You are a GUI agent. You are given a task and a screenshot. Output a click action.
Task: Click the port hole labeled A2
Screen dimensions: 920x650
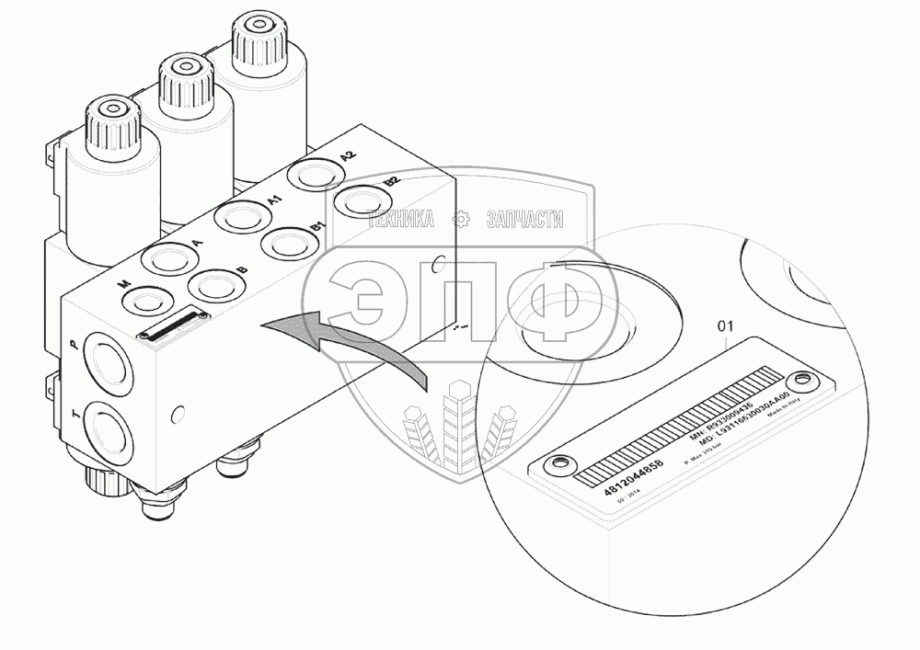point(313,174)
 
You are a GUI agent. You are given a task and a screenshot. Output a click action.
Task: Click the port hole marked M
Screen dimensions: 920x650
point(146,300)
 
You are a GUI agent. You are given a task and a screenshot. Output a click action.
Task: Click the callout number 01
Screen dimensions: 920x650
point(726,326)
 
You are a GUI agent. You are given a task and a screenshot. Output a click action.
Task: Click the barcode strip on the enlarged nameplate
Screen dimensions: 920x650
point(681,425)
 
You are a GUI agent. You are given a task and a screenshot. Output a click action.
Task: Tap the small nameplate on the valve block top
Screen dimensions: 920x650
point(172,325)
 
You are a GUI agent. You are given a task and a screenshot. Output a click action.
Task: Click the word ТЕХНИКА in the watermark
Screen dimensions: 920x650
point(401,219)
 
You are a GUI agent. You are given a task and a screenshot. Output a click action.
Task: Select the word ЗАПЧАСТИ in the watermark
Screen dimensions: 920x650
point(523,219)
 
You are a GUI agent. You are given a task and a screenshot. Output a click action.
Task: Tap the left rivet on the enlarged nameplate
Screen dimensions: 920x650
point(554,465)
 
